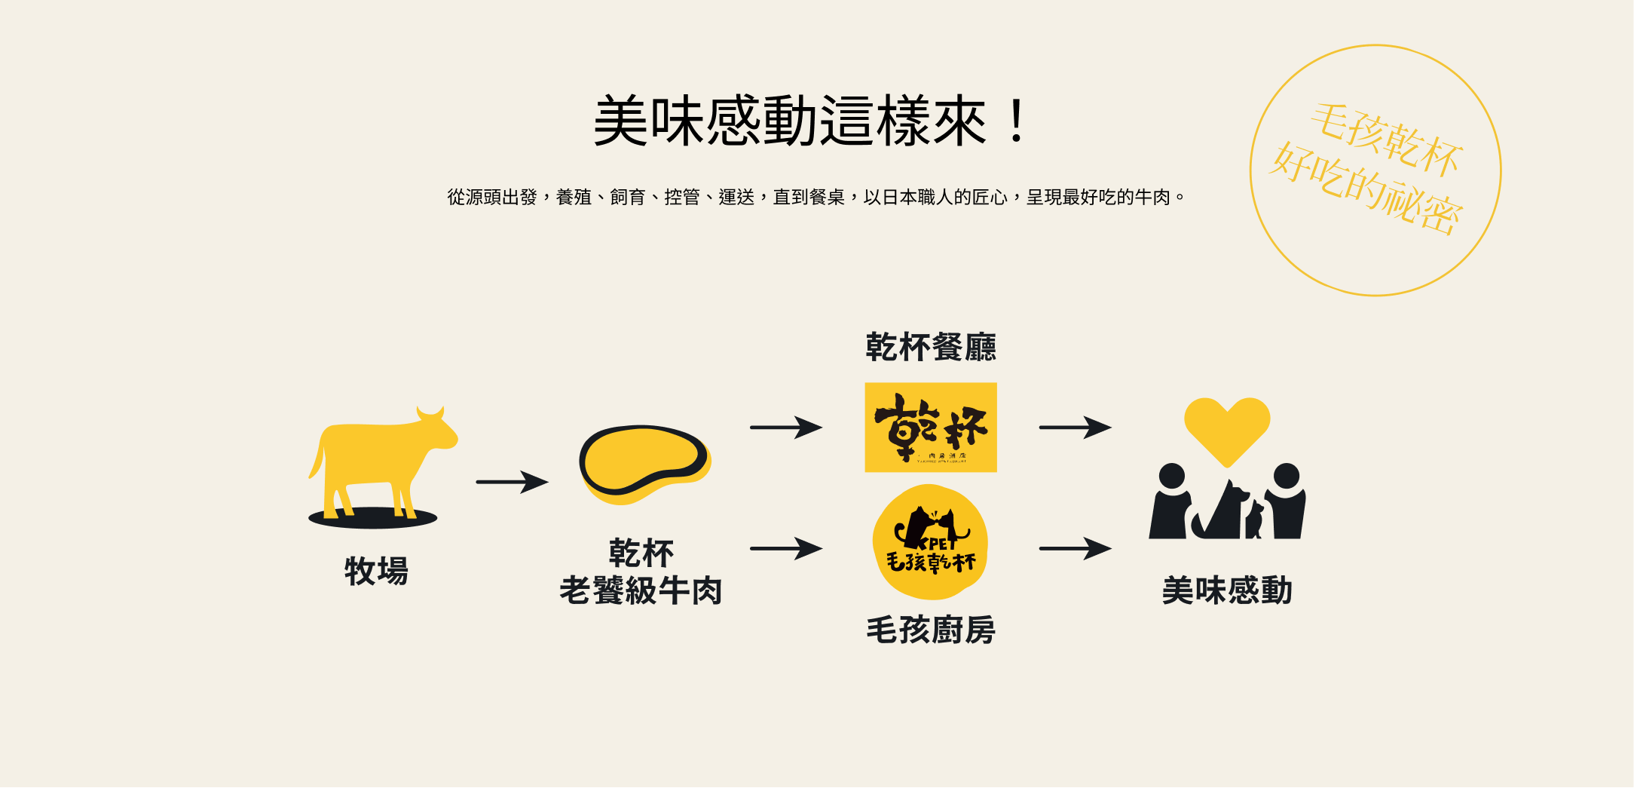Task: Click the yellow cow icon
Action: (x=377, y=460)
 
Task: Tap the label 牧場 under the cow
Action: (x=376, y=571)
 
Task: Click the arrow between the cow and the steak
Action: (x=512, y=482)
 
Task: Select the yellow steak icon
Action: (x=644, y=462)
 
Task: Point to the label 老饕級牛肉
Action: (x=641, y=590)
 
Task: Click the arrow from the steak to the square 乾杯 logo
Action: (x=785, y=428)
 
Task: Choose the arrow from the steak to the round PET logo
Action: (x=785, y=548)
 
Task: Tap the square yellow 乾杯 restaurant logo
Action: (x=930, y=428)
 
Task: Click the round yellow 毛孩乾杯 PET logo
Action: (x=930, y=541)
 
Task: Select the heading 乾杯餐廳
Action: (x=930, y=347)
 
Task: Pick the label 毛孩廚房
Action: (x=930, y=630)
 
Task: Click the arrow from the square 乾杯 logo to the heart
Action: (x=1075, y=428)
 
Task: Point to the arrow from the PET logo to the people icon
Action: (x=1075, y=548)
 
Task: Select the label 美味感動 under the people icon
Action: (x=1227, y=590)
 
